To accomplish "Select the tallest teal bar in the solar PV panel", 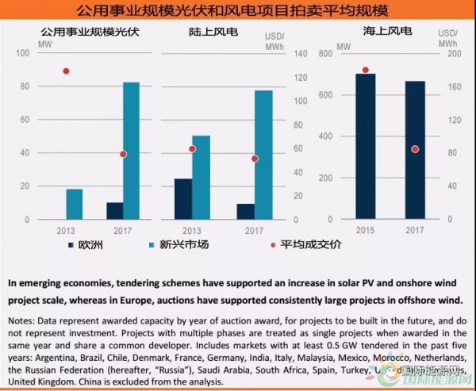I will pyautogui.click(x=132, y=151).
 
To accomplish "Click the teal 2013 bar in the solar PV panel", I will pyautogui.click(x=75, y=204).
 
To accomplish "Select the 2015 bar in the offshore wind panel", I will pyautogui.click(x=365, y=147).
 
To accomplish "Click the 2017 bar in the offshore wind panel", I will pyautogui.click(x=415, y=150).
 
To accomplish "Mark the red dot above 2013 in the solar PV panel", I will pyautogui.click(x=66, y=71).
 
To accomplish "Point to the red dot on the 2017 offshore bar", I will pyautogui.click(x=415, y=149).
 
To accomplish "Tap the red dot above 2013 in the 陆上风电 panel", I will pyautogui.click(x=192, y=149).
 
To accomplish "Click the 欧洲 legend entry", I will pyautogui.click(x=85, y=244).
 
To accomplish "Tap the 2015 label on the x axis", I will pyautogui.click(x=365, y=230).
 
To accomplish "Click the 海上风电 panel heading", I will pyautogui.click(x=390, y=32).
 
